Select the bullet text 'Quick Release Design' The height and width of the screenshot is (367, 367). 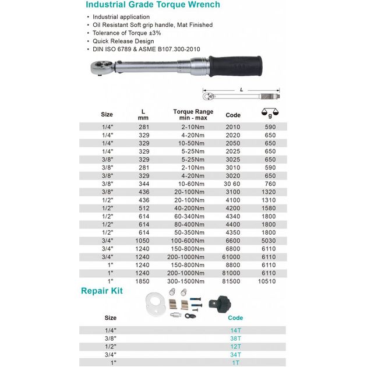tap(123, 41)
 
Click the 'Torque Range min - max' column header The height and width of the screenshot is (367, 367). tap(193, 114)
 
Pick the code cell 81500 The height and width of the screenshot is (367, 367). tap(233, 281)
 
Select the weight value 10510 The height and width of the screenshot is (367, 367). tap(269, 281)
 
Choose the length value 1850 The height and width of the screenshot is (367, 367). tap(143, 281)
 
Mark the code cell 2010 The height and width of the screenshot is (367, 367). tap(233, 126)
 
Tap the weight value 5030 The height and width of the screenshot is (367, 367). tap(269, 240)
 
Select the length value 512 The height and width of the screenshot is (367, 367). tap(143, 207)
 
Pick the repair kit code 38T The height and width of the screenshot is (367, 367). tap(235, 338)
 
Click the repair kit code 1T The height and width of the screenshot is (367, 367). tap(235, 362)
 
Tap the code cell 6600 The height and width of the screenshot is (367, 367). tap(233, 240)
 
